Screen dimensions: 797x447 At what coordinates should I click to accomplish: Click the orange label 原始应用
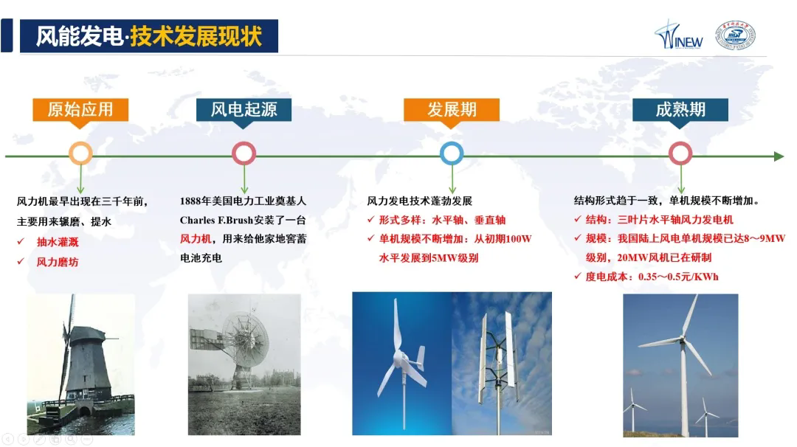80,110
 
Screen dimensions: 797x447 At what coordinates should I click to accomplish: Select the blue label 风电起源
244,110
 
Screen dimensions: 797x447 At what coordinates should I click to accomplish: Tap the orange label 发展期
452,110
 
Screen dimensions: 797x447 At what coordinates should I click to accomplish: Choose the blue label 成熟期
680,110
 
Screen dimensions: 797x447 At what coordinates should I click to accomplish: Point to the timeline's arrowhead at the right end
779,156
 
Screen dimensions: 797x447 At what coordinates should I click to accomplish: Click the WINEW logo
679,35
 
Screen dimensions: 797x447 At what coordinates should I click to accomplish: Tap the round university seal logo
736,35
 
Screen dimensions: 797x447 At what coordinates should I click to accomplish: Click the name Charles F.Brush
217,221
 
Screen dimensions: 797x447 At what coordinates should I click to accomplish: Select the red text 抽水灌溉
58,242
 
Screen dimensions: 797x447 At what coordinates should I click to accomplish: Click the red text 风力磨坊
58,262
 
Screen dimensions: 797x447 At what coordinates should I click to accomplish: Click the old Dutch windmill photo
81,364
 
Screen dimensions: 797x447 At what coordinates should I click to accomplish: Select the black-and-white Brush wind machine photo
244,364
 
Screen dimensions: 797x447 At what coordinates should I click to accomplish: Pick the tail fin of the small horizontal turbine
421,358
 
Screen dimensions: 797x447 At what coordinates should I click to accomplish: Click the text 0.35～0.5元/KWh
678,277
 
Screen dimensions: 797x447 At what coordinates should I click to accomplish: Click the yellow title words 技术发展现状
196,36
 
